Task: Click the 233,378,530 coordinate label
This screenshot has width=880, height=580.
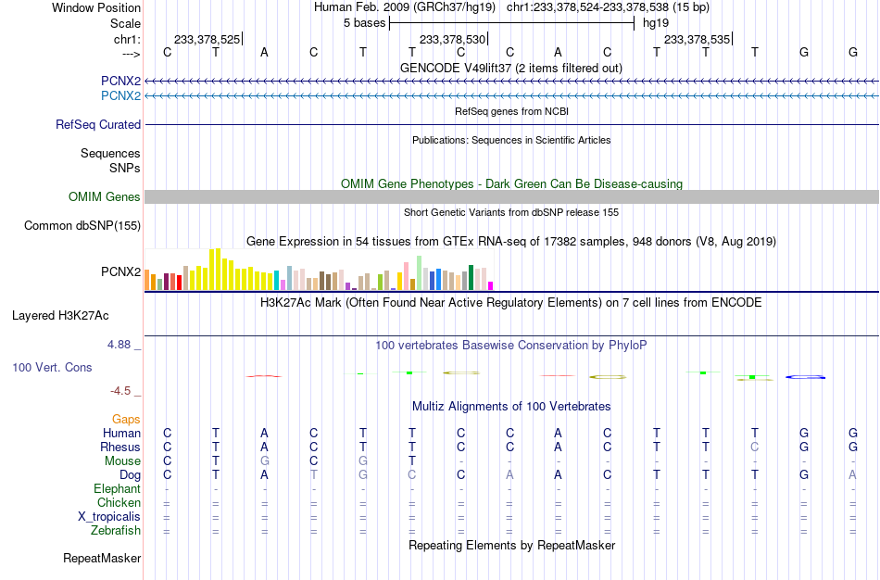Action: (x=452, y=39)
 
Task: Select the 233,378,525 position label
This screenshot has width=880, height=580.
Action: (x=207, y=39)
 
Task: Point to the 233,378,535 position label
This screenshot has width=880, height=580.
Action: (x=697, y=39)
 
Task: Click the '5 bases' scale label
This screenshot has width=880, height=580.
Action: (x=365, y=23)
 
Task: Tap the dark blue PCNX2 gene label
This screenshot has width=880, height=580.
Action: (x=120, y=81)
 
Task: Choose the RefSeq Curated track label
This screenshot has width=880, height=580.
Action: (x=98, y=125)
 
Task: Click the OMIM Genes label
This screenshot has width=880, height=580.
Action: (x=105, y=197)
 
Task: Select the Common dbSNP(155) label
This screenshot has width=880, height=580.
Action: (x=82, y=226)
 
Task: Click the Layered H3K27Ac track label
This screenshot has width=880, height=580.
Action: (x=60, y=316)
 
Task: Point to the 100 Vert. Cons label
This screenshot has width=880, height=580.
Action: (x=52, y=367)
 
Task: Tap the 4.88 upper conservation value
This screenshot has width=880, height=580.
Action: (x=119, y=344)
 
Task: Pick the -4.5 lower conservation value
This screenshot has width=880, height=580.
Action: (x=120, y=391)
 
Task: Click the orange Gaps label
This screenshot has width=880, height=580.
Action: (x=126, y=420)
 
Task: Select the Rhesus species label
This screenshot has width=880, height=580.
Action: (x=120, y=447)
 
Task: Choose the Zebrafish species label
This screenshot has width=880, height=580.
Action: (x=116, y=531)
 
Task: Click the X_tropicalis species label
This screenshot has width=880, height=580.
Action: (x=109, y=517)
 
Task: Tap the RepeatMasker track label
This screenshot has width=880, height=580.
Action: (x=102, y=558)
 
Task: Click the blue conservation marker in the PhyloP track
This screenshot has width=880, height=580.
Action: (x=805, y=377)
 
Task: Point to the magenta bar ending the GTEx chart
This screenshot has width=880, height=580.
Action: (x=491, y=285)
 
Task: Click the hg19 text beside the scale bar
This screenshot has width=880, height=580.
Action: (x=656, y=23)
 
